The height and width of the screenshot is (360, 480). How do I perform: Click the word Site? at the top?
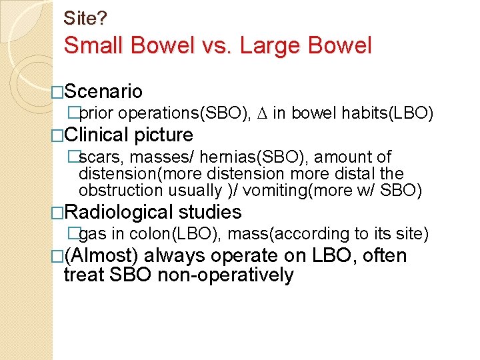85,17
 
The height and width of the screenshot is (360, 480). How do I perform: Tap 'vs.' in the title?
215,46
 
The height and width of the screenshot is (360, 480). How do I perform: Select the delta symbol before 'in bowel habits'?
262,114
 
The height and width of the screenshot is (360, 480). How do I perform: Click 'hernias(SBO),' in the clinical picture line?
262,157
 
